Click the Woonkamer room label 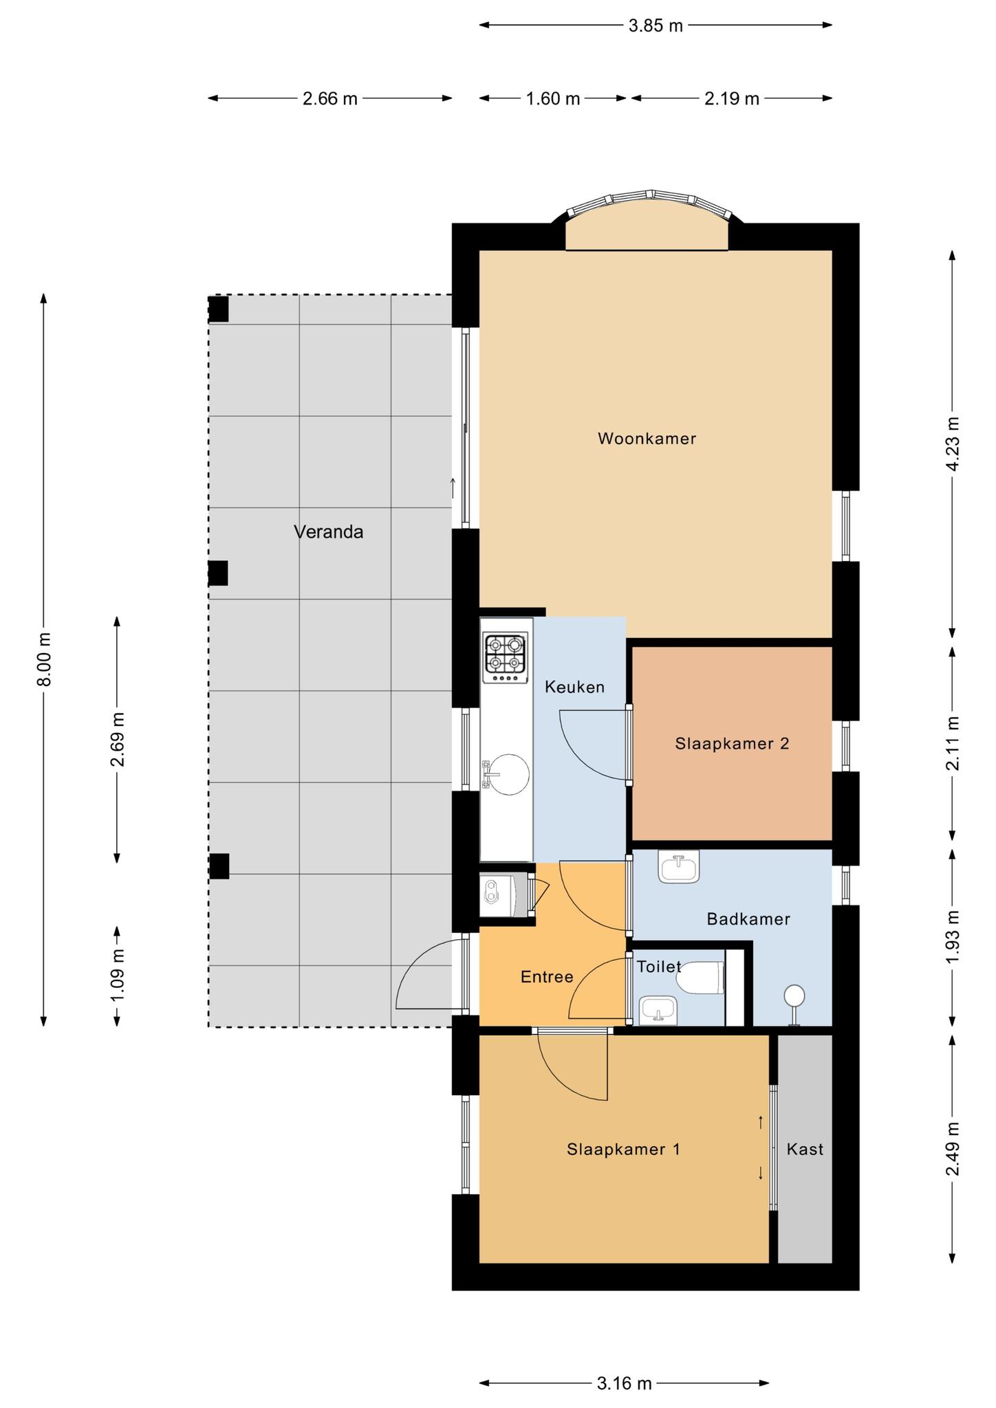pos(647,439)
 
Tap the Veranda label pos(328,531)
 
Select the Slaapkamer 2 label pos(732,743)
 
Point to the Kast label pos(805,1149)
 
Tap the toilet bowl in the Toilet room pos(701,977)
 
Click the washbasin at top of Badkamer pos(679,866)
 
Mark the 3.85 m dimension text pos(656,26)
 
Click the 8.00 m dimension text pos(45,659)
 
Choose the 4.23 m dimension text pos(953,444)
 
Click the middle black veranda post pos(218,573)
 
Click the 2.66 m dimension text pos(330,99)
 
